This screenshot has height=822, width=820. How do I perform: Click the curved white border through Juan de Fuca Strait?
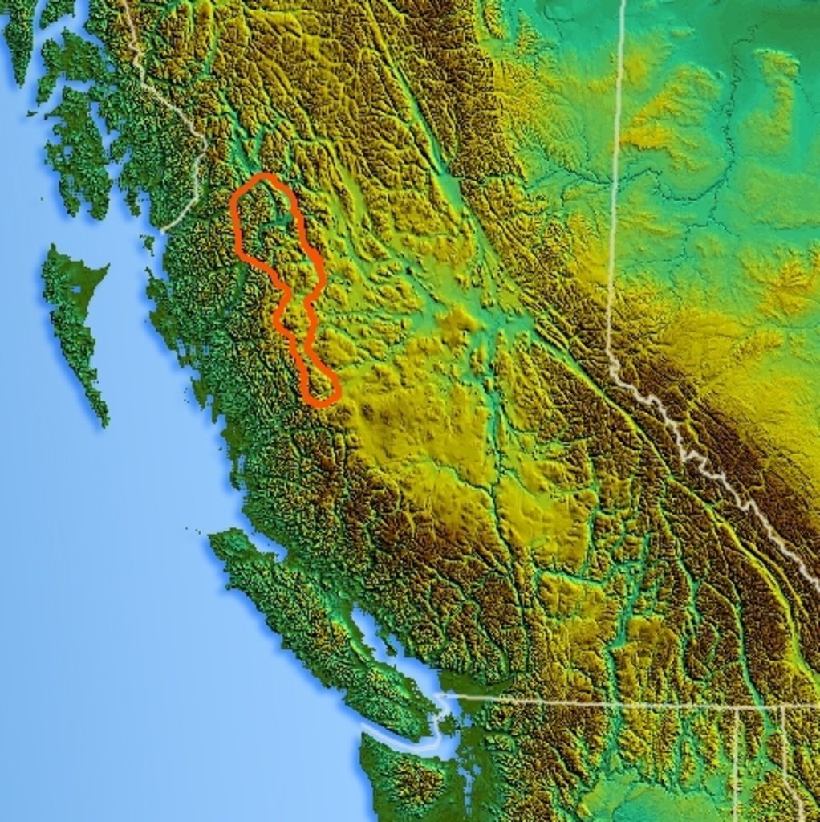[409, 743]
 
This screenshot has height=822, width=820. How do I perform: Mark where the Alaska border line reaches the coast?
[164, 230]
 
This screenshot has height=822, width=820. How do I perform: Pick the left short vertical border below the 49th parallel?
[735, 763]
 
